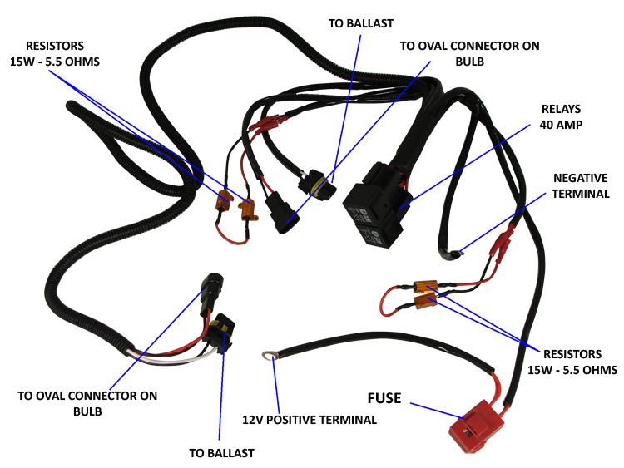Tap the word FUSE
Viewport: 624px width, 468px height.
(x=385, y=398)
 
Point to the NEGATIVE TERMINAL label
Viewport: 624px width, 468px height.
(x=581, y=185)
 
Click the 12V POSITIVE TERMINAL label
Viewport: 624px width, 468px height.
(x=310, y=420)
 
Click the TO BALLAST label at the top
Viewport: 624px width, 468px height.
(x=360, y=23)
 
